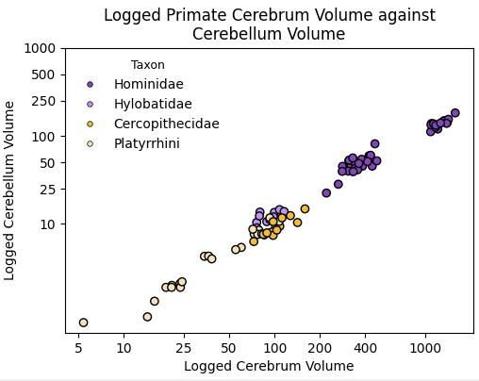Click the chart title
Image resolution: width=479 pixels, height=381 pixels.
point(269,25)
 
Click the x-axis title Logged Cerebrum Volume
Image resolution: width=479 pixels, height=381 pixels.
point(269,366)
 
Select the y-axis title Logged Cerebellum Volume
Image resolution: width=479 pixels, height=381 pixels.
point(10,190)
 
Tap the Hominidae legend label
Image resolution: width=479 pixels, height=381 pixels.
point(149,85)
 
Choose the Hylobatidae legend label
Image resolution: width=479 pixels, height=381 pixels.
point(153,105)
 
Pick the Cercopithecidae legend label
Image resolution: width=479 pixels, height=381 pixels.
point(166,124)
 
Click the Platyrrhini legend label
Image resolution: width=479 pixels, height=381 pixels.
point(146,144)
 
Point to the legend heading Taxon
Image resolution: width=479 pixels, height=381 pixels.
point(148,65)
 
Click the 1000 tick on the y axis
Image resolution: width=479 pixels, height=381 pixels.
point(40,48)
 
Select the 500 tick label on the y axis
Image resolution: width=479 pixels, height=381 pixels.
point(43,75)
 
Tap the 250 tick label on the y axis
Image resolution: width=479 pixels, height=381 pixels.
point(43,101)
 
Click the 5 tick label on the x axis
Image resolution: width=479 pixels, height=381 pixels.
point(78,348)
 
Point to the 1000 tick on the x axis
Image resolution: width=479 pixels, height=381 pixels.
point(425,348)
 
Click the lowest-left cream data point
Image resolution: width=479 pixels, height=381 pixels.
point(83,323)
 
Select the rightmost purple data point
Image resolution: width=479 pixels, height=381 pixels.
point(454,113)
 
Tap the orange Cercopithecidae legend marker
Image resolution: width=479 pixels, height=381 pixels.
point(91,124)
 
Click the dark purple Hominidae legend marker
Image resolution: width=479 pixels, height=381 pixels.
point(91,85)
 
